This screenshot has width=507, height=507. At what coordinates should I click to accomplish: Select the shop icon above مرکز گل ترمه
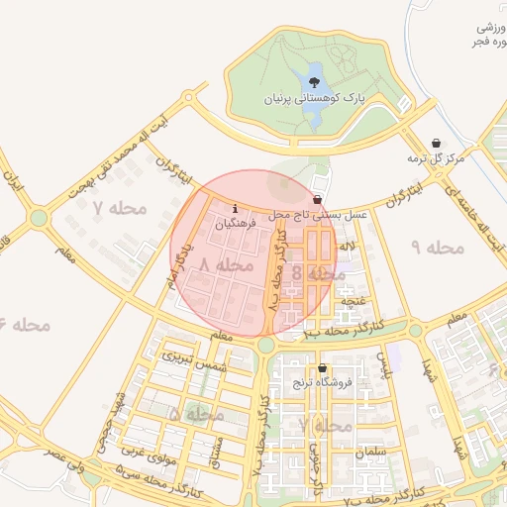pos(437,143)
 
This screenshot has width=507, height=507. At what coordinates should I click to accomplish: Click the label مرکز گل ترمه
pos(435,158)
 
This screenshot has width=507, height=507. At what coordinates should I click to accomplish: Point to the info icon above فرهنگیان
pos(234,209)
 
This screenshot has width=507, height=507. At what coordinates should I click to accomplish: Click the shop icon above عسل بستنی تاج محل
pos(316,198)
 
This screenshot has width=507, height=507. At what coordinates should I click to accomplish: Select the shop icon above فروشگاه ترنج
pos(321,368)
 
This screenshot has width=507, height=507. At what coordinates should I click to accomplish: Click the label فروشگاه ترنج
pos(316,383)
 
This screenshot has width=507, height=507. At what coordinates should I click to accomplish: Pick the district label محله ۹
pos(436,247)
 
